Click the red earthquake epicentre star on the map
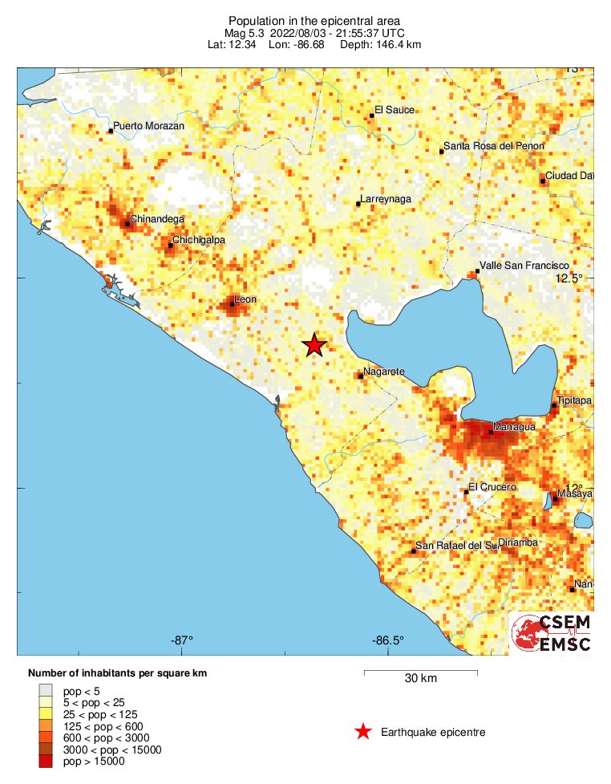[x=314, y=345]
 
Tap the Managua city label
[x=515, y=428]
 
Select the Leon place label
[x=245, y=299]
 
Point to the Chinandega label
[x=157, y=218]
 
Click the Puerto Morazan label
[x=149, y=126]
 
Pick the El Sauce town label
[x=395, y=110]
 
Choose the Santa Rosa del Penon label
[x=494, y=146]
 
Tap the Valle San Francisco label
[x=524, y=265]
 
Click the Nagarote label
[x=384, y=372]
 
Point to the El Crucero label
[x=492, y=487]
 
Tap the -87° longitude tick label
[x=182, y=640]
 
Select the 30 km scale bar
[x=421, y=671]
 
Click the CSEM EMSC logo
[x=551, y=633]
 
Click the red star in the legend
[x=363, y=731]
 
